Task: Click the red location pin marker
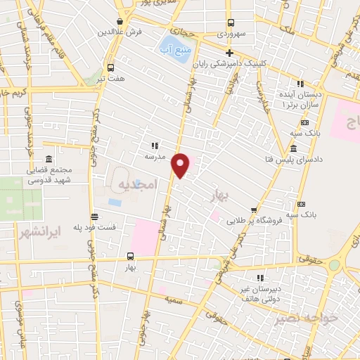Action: pos(181,165)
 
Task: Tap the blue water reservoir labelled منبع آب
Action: pos(179,50)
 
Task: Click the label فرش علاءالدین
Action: pos(127,32)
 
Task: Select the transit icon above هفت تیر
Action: pos(110,68)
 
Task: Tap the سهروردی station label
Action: pos(230,33)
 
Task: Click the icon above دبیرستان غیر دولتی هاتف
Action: pos(260,278)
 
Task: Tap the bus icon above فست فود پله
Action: pos(94,217)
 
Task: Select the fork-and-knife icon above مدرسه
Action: pos(153,146)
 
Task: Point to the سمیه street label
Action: pos(174,300)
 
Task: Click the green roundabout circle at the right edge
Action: pos(334,266)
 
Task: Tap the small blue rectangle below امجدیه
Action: pos(115,202)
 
